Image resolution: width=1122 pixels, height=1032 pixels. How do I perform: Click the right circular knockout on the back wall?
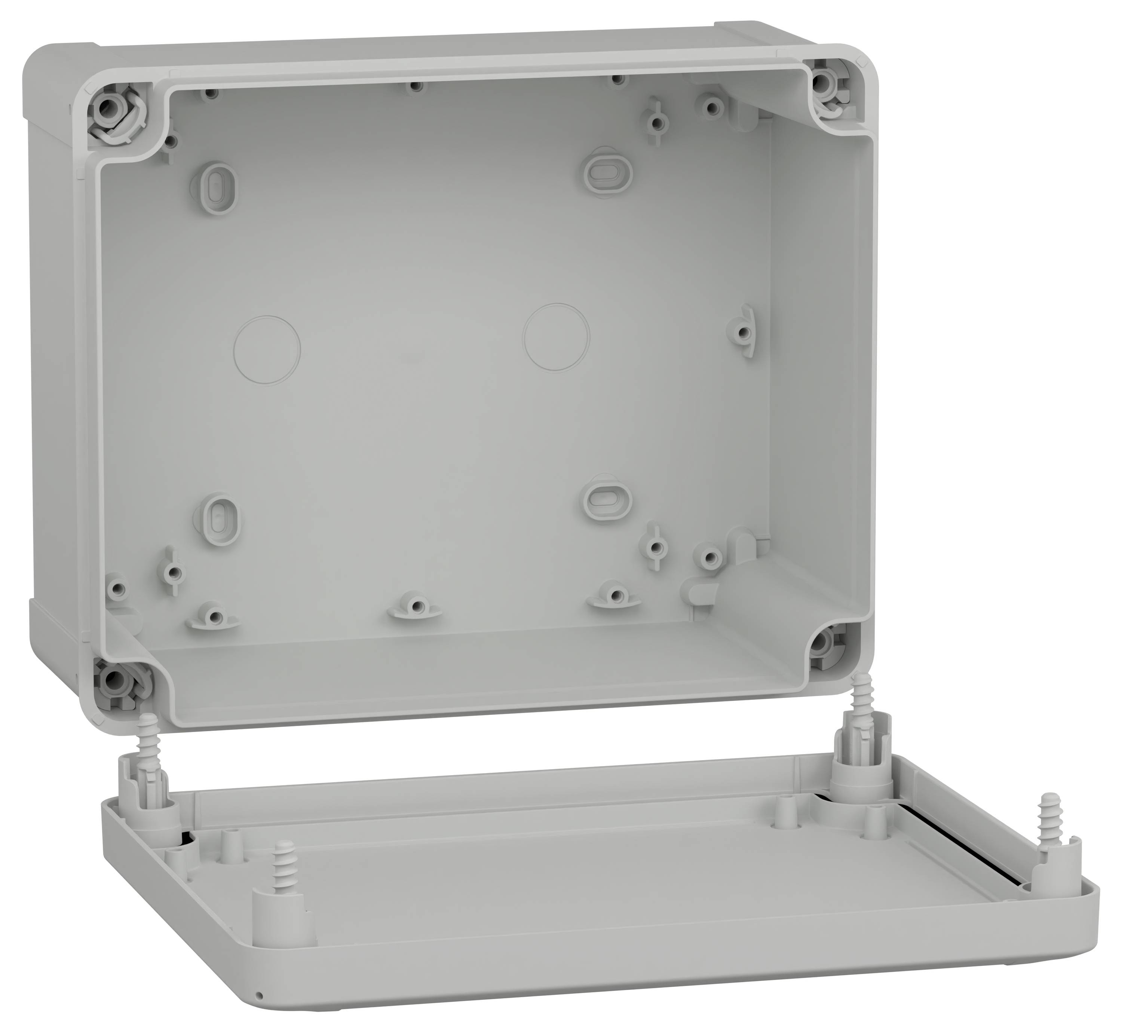click(x=556, y=337)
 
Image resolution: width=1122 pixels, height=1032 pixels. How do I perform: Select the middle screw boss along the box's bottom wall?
click(x=414, y=605)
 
